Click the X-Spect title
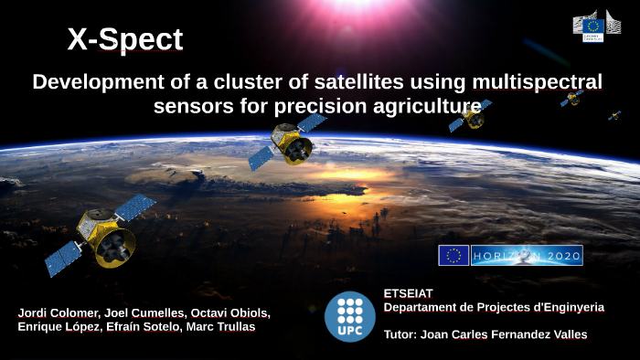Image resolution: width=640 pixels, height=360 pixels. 124,40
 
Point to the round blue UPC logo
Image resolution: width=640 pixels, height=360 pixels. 349,316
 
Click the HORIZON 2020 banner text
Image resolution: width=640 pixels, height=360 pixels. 527,256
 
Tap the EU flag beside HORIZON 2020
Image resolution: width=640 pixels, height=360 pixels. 453,256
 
